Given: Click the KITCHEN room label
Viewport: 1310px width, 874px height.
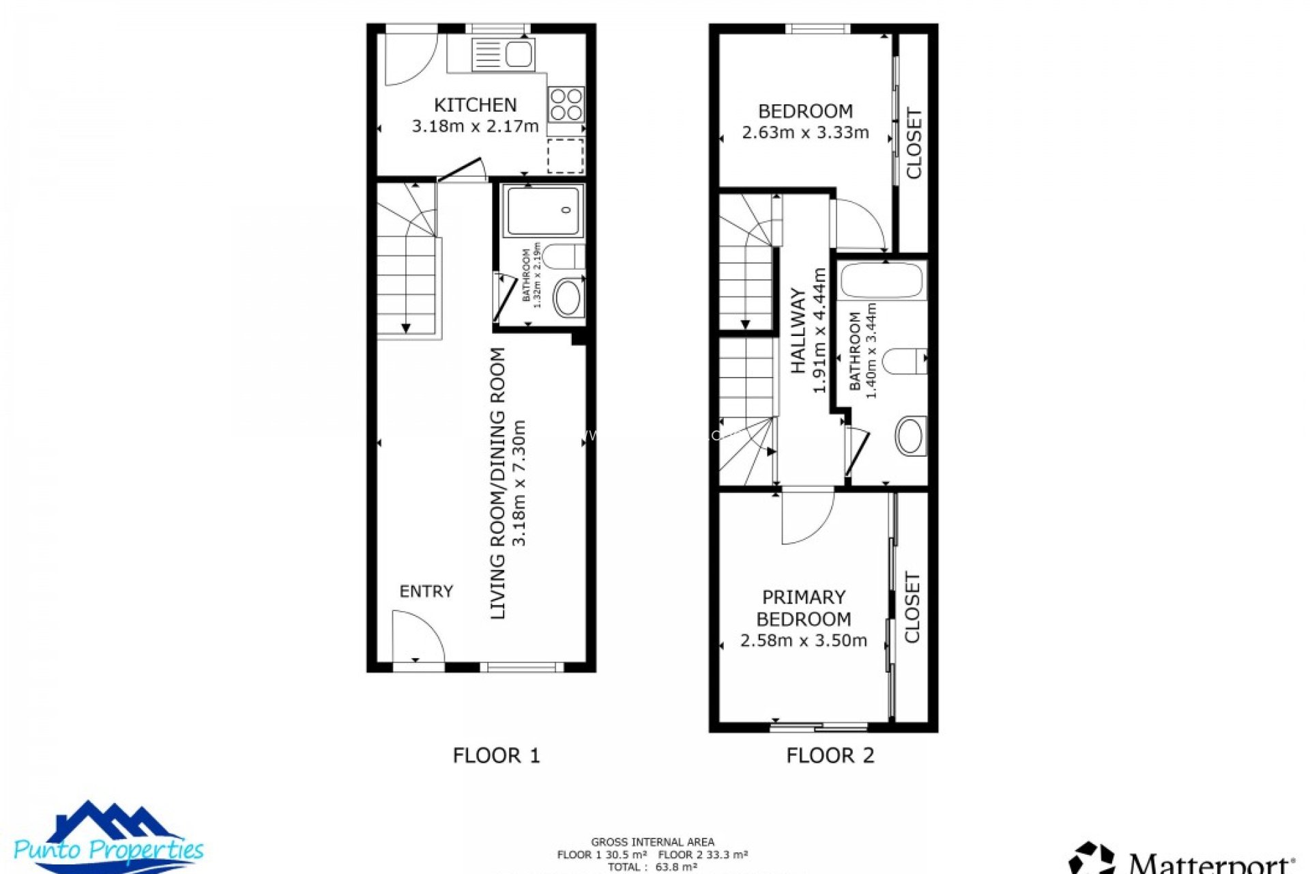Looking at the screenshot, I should [475, 105].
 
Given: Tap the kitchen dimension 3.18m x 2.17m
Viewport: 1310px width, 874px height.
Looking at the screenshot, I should [475, 126].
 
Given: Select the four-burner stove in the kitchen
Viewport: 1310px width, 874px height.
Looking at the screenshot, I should [566, 104].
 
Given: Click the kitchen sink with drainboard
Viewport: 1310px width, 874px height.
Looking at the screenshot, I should [503, 55].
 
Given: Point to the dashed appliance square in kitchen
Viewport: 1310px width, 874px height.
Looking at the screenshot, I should [566, 155].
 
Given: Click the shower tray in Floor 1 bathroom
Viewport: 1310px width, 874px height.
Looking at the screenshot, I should [543, 210].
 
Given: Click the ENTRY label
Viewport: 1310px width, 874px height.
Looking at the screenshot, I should [426, 591].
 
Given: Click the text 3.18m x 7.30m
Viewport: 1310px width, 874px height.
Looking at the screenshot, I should [519, 483].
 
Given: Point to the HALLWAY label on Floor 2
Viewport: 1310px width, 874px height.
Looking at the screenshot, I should [798, 330].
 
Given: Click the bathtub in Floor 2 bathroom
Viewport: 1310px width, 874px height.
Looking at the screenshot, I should [882, 281].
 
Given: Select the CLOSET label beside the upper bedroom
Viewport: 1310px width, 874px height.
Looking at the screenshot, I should [914, 143].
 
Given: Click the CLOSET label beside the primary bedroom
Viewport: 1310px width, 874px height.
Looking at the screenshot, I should [912, 608].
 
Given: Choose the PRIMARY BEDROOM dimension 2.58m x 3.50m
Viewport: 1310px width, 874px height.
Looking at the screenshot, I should [803, 640].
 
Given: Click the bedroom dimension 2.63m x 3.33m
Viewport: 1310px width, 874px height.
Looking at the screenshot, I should [805, 132].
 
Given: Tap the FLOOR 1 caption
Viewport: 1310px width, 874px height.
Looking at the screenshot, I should [496, 755].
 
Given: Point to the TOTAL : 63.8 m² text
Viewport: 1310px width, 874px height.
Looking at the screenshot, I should [652, 867].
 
